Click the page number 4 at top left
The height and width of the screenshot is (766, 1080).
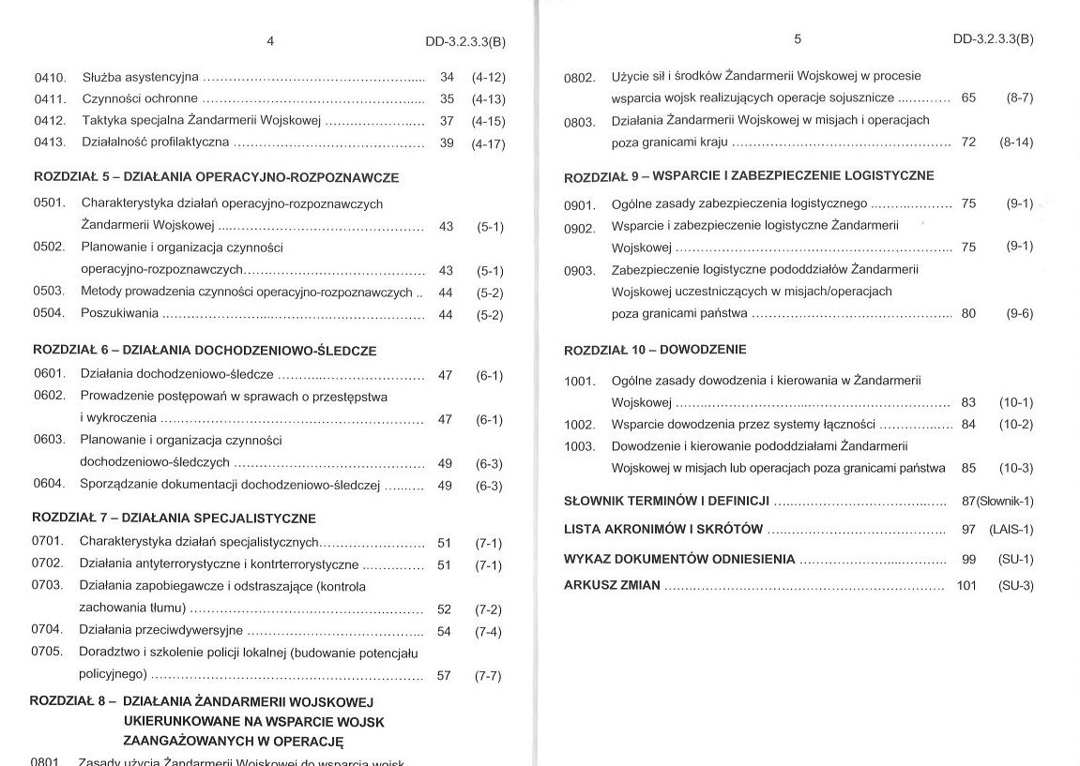coord(270,41)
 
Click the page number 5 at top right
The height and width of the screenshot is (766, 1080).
coord(798,39)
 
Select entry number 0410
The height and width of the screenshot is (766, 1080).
coord(50,77)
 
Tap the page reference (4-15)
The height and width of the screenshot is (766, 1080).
coord(488,121)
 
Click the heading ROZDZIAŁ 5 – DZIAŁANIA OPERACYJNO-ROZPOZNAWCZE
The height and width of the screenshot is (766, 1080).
coord(216,177)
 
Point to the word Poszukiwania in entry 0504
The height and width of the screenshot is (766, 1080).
coord(119,313)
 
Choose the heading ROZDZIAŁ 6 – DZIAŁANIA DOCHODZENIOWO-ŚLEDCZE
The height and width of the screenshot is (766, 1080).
coord(205,351)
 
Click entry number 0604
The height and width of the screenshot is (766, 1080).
coord(48,485)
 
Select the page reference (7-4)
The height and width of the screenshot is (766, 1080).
coord(488,632)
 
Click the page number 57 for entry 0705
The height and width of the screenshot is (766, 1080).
coord(444,675)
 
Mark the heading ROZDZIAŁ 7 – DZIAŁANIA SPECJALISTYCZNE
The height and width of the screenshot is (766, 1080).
coord(174,518)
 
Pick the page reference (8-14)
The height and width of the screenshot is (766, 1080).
coord(1016,143)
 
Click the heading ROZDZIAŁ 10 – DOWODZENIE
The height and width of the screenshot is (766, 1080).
coord(655,350)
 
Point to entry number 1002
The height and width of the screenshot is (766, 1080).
coord(580,425)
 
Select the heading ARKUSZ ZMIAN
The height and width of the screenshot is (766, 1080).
coord(611,585)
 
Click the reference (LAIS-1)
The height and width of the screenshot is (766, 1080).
coord(1011,530)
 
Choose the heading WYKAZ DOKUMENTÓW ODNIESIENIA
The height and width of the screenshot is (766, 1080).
coord(678,560)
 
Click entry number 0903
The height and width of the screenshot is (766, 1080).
coord(580,271)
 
